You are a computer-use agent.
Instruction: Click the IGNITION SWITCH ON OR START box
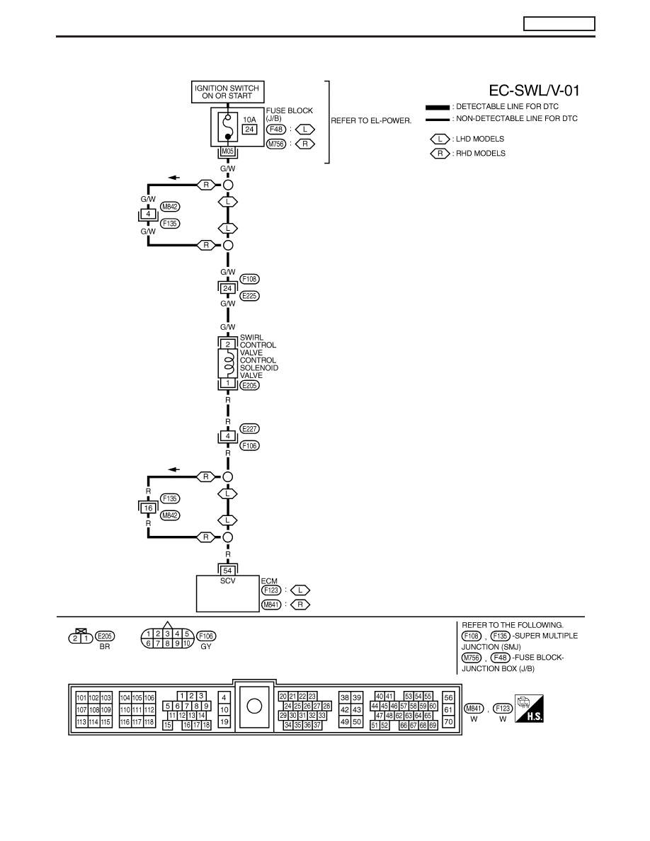(x=227, y=92)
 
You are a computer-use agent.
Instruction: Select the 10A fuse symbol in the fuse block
(x=228, y=127)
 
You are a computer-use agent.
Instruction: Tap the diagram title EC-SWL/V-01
(x=534, y=91)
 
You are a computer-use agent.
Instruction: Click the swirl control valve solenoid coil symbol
(x=228, y=364)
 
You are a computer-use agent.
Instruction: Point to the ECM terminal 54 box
(x=228, y=571)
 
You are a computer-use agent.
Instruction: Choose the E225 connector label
(x=249, y=295)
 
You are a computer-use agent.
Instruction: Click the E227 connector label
(x=249, y=428)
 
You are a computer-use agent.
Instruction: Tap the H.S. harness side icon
(x=529, y=709)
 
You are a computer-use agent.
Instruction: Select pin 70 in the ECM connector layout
(x=448, y=722)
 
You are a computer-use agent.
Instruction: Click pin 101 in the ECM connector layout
(x=81, y=698)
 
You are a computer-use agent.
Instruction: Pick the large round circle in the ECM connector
(x=254, y=706)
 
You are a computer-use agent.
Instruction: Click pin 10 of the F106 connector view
(x=187, y=643)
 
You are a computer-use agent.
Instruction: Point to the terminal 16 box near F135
(x=149, y=508)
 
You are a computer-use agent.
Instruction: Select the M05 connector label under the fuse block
(x=228, y=151)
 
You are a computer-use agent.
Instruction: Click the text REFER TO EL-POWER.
(x=371, y=120)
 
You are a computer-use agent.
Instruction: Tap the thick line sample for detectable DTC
(x=438, y=108)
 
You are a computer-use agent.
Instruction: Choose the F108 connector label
(x=249, y=279)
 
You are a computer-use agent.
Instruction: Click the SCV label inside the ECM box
(x=228, y=581)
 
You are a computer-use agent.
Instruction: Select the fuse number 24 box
(x=249, y=130)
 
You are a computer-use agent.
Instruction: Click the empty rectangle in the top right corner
(x=559, y=23)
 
